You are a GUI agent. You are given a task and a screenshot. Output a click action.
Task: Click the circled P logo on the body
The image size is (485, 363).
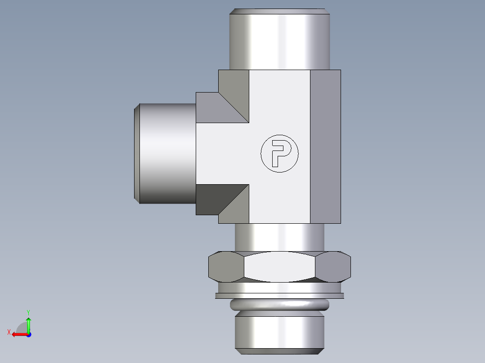[x=279, y=153]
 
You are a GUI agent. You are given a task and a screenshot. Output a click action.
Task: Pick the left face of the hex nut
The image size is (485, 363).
[x=225, y=267]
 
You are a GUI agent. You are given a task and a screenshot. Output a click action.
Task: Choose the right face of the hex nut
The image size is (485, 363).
[x=333, y=267]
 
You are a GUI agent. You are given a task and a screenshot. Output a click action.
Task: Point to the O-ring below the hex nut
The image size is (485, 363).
[x=279, y=305]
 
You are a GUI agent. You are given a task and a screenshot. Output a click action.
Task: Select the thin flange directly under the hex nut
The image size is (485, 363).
[x=279, y=296]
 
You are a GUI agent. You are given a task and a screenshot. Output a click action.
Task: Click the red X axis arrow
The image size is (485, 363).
[x=18, y=334]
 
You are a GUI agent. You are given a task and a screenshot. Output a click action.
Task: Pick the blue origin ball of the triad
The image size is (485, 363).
[x=28, y=334]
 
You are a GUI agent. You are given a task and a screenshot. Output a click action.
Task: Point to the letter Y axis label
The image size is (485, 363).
[x=28, y=312]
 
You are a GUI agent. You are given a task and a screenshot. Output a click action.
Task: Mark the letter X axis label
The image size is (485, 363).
[x=9, y=332]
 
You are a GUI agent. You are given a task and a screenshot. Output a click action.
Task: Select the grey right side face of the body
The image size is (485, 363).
[x=325, y=146]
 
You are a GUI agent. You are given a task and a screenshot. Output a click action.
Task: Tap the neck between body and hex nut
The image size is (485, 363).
[x=279, y=238]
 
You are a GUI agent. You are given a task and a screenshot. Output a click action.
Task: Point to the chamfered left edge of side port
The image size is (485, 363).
[x=137, y=153]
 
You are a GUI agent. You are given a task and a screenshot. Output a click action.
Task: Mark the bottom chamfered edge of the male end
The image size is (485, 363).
[x=279, y=351]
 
